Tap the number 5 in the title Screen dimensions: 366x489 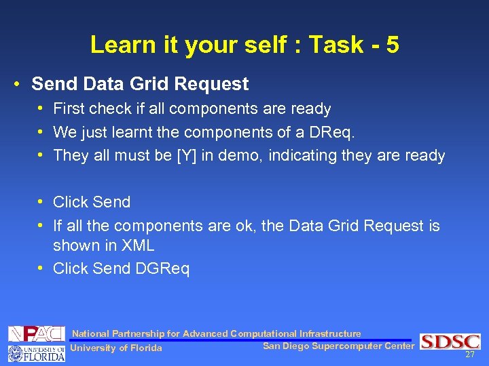click(391, 45)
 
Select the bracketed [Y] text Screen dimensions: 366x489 click(187, 156)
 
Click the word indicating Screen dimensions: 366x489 click(301, 156)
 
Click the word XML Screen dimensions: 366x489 click(137, 245)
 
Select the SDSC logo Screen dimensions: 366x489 click(450, 342)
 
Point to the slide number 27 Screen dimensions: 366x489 click(470, 354)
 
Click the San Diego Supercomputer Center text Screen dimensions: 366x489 click(338, 346)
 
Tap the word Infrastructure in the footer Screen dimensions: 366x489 click(330, 333)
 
